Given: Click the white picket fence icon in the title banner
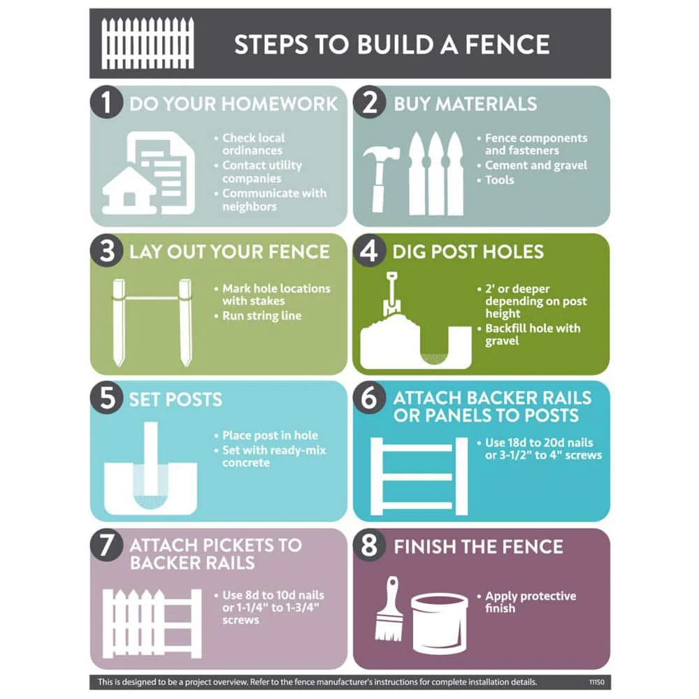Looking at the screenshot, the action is tap(147, 43).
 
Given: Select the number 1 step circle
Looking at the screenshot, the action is tap(106, 102).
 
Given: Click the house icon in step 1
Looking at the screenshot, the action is tap(129, 190).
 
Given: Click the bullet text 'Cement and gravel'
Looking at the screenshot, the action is tap(536, 166).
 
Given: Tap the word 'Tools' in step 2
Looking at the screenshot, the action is tap(499, 180).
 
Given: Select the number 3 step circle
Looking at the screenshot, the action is tap(106, 250).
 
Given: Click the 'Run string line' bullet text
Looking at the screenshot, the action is tap(261, 316).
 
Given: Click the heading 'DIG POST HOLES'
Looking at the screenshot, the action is tap(468, 252).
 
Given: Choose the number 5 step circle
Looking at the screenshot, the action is tap(106, 397).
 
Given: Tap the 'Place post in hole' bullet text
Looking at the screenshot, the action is tap(270, 435).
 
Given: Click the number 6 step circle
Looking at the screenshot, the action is tap(369, 397).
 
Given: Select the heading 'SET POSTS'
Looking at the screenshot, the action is tap(175, 399).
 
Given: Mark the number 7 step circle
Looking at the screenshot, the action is tap(106, 545).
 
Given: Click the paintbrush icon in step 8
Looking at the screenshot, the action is tap(389, 609).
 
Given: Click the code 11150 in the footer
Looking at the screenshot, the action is tap(596, 682).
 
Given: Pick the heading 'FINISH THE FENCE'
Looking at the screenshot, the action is tap(478, 547).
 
